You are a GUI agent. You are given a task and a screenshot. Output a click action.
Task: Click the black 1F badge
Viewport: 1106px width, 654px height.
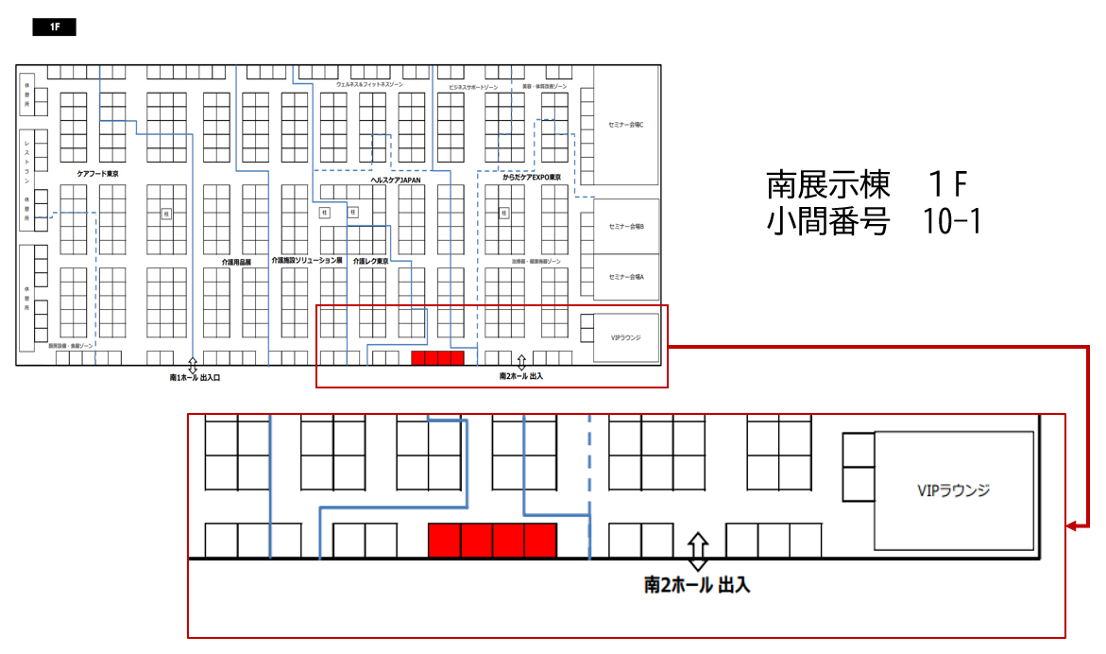pyautogui.click(x=54, y=27)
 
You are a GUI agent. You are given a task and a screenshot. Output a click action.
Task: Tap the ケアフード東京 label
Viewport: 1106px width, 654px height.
pyautogui.click(x=98, y=175)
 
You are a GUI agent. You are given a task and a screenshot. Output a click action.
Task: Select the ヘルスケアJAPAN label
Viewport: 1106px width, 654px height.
pyautogui.click(x=395, y=180)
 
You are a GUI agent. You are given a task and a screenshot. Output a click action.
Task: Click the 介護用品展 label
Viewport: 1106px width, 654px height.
pyautogui.click(x=236, y=262)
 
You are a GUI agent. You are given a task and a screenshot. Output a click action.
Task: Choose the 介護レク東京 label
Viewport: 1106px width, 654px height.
pyautogui.click(x=371, y=261)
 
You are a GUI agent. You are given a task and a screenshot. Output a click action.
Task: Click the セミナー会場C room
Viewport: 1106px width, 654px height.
pyautogui.click(x=626, y=125)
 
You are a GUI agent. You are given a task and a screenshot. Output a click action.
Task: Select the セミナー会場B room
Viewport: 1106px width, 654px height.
pyautogui.click(x=626, y=227)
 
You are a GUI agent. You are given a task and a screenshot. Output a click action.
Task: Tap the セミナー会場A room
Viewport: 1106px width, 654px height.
pyautogui.click(x=626, y=277)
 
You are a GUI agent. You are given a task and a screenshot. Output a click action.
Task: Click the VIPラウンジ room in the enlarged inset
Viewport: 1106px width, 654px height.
pyautogui.click(x=953, y=491)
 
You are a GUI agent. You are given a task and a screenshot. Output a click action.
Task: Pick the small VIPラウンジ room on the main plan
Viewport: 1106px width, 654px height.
pyautogui.click(x=626, y=337)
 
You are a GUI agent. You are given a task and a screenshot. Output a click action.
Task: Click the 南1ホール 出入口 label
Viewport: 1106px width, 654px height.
pyautogui.click(x=196, y=378)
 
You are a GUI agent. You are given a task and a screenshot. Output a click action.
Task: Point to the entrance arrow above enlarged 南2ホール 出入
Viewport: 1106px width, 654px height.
pyautogui.click(x=697, y=551)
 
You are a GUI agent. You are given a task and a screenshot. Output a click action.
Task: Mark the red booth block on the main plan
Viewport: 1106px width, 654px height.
pyautogui.click(x=437, y=358)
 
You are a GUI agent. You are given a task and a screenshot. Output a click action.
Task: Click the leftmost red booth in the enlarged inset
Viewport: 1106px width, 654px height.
pyautogui.click(x=445, y=540)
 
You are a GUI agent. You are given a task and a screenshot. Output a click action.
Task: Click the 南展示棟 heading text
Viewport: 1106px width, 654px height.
pyautogui.click(x=828, y=183)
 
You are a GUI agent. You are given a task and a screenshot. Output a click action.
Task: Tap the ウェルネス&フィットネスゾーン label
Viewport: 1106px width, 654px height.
pyautogui.click(x=369, y=85)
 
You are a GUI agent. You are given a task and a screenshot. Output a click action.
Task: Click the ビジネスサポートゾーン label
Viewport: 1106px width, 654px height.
pyautogui.click(x=475, y=87)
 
